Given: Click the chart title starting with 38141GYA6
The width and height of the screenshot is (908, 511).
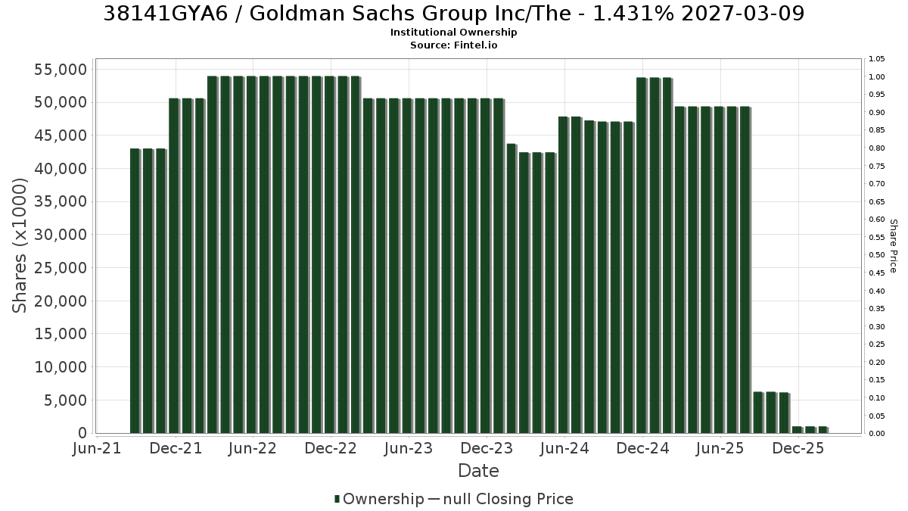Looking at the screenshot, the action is click(453, 14).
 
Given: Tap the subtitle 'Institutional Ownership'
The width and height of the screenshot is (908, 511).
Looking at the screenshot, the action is click(453, 33).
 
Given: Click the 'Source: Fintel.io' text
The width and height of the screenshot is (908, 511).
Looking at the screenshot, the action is click(453, 45).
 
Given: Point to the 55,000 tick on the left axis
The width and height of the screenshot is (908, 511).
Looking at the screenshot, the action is click(61, 70).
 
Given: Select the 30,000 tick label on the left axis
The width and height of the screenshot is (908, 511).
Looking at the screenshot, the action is click(61, 235).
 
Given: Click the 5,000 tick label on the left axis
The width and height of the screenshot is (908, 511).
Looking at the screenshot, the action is click(65, 400).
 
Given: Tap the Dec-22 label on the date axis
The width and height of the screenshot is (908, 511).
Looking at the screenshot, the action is click(331, 448).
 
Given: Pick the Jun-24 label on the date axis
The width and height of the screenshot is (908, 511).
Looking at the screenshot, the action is click(564, 448).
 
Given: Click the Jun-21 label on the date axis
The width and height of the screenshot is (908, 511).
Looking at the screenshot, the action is click(97, 448).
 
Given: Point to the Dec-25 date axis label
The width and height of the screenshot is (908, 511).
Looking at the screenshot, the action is click(798, 448).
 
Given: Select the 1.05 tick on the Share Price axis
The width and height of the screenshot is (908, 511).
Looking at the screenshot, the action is click(876, 59).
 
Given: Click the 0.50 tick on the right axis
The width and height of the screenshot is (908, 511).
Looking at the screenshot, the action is click(876, 255).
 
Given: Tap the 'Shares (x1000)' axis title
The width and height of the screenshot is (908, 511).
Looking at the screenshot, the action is click(20, 246).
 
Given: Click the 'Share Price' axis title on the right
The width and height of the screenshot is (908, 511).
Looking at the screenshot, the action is click(894, 246).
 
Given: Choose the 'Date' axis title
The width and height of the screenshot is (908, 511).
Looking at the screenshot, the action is click(478, 471).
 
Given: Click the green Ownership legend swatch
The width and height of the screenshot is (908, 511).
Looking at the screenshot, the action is click(337, 499).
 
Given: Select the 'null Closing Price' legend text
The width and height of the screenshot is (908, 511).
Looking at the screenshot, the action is click(508, 499).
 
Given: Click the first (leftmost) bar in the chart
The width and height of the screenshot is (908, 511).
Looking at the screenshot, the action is click(135, 291).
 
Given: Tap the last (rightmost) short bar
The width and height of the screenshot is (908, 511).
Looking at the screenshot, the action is click(822, 430).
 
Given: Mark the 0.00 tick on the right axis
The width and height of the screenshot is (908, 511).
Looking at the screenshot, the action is click(876, 434).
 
